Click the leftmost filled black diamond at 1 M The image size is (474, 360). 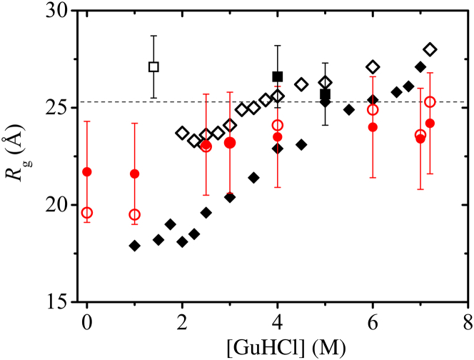pos(134,246)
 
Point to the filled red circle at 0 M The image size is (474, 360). pos(87,171)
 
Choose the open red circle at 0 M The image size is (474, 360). pos(87,213)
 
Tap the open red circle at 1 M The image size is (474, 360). pos(134,214)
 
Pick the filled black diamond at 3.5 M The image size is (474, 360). pos(253,177)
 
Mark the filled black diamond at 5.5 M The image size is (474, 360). pos(349,109)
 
